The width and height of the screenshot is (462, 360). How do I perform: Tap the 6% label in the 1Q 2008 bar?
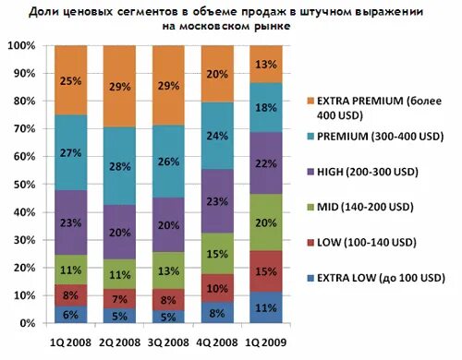coord(70,315)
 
